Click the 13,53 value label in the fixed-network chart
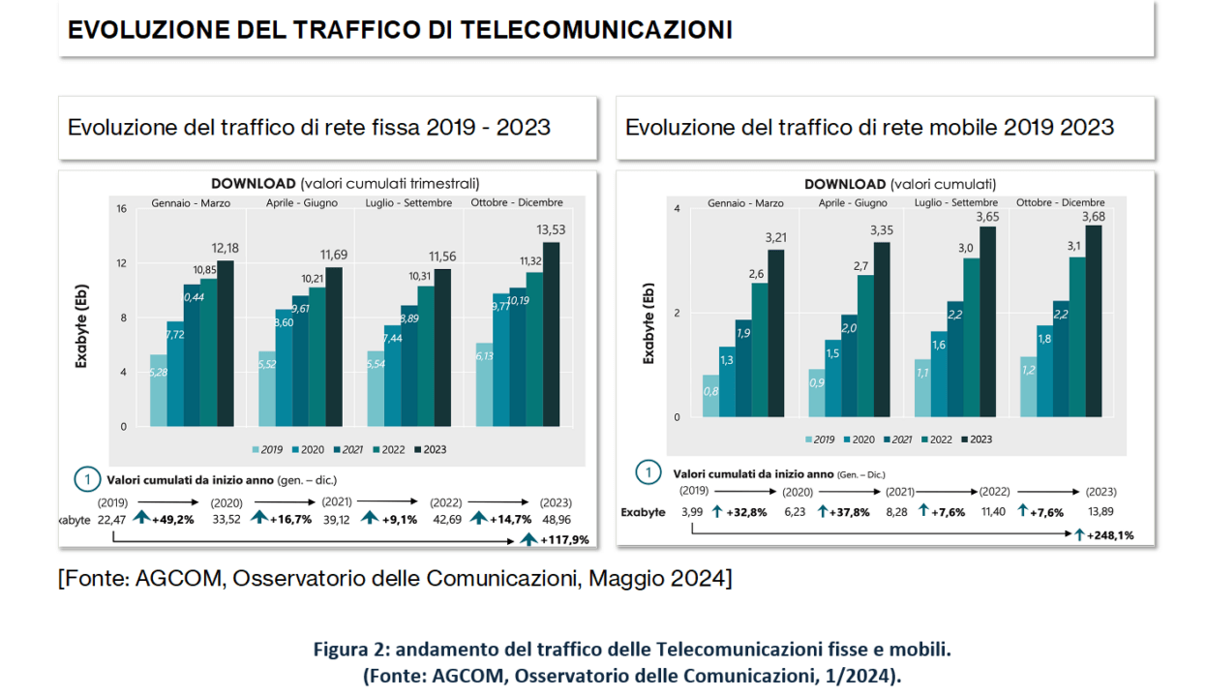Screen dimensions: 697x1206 point(550,229)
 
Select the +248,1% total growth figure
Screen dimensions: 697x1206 point(1109,534)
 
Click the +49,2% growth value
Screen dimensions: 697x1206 point(172,519)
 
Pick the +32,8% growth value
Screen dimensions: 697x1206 point(745,511)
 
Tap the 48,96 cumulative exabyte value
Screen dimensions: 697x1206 point(558,519)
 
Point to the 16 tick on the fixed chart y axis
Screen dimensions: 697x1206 point(121,209)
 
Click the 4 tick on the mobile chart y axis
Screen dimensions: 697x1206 point(677,209)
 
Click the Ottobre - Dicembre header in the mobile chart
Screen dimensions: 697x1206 point(1060,202)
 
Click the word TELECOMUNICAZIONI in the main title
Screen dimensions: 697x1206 point(595,30)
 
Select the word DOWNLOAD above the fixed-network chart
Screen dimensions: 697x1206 point(253,183)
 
